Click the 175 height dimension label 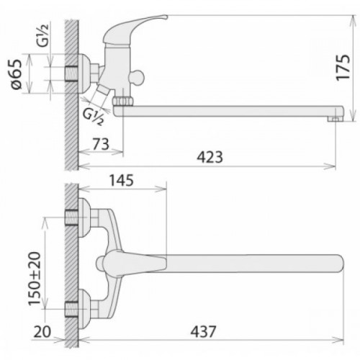click(x=343, y=68)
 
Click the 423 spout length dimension click(x=210, y=158)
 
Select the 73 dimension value click(x=101, y=144)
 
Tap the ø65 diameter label click(x=17, y=74)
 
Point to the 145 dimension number click(x=122, y=181)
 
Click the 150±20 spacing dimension click(x=35, y=279)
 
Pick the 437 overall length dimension click(x=203, y=331)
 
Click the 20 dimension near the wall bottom click(x=42, y=332)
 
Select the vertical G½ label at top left click(x=43, y=35)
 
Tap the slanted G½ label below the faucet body click(x=93, y=117)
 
